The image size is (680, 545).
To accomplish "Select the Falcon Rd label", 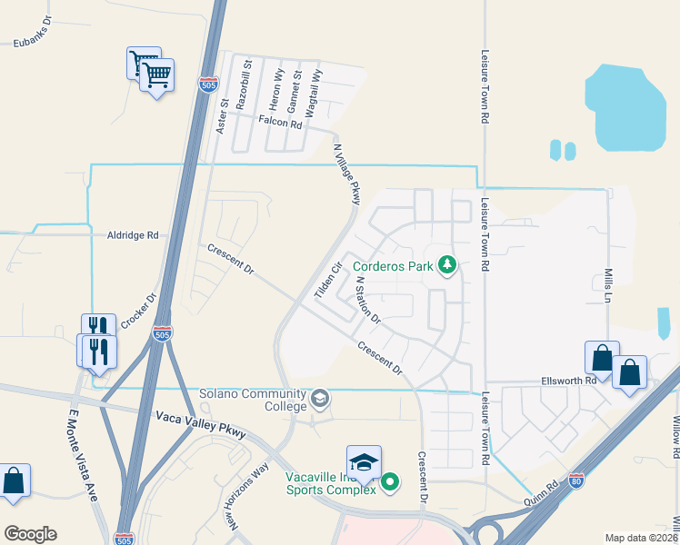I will (280, 121).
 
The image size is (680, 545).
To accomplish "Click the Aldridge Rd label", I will (132, 234).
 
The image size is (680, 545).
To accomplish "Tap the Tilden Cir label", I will (326, 281).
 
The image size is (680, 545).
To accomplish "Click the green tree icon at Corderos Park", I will (446, 265).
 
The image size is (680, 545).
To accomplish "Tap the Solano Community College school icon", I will (320, 398).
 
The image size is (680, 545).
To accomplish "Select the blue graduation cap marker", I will (364, 461).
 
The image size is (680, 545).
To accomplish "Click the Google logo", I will (30, 534).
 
